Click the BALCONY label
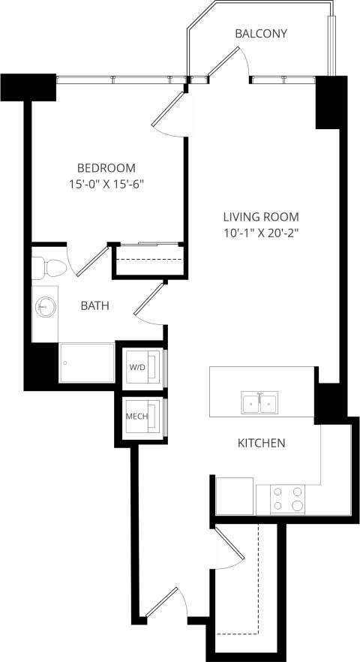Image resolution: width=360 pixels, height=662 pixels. coord(261,34)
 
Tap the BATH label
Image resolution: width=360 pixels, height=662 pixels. coord(95,305)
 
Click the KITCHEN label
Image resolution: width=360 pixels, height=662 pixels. coord(261,443)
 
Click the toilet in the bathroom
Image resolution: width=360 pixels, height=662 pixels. coord(47,267)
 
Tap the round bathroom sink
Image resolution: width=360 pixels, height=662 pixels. coord(46,306)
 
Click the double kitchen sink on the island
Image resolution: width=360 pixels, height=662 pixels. coord(259,403)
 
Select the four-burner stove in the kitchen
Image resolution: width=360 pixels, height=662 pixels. coord(289,498)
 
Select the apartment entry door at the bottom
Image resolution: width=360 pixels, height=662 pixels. coord(165,604)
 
